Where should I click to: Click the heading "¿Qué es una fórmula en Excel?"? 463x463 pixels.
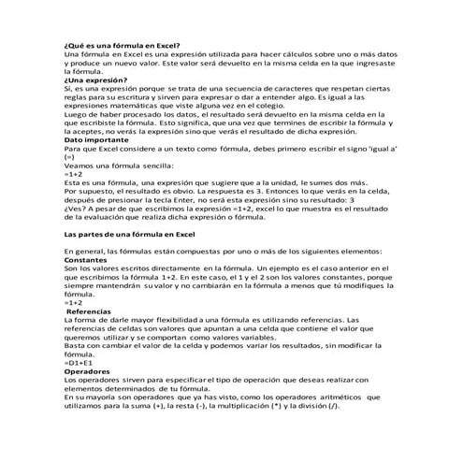[123, 46]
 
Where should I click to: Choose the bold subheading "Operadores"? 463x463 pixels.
[90, 372]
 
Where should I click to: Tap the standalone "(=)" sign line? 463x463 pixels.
[69, 156]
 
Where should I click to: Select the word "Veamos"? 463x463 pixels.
[79, 165]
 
